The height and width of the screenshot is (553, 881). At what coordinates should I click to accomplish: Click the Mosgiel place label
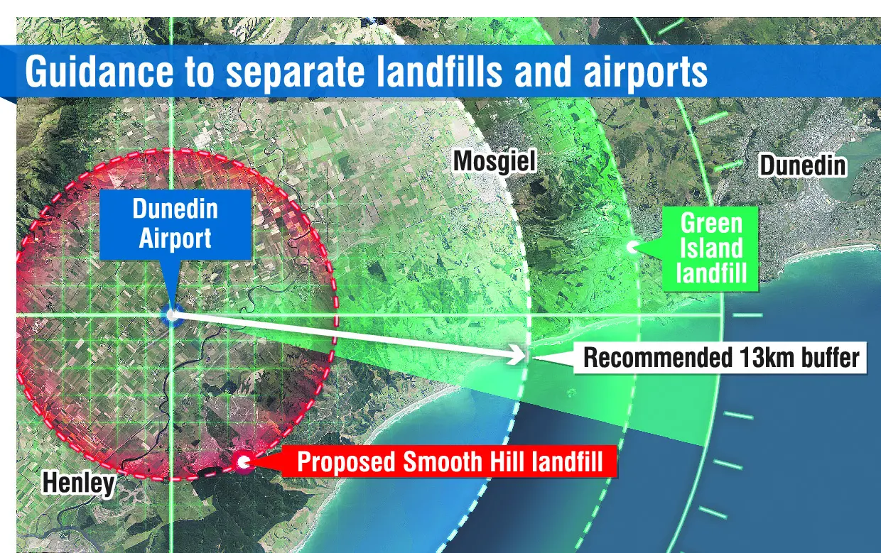click(494, 162)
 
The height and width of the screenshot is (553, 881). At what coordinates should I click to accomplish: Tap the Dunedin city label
click(803, 165)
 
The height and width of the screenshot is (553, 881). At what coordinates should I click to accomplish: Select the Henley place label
click(79, 483)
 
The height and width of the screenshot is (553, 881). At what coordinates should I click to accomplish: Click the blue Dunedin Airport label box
click(175, 224)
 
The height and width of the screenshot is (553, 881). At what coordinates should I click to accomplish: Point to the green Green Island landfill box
click(710, 248)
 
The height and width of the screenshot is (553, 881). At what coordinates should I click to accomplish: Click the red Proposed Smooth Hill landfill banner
click(450, 461)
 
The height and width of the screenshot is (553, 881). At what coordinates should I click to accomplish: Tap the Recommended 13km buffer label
click(720, 358)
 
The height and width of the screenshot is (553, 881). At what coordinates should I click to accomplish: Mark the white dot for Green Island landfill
click(632, 247)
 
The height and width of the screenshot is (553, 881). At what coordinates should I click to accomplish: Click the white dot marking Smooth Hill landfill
click(244, 462)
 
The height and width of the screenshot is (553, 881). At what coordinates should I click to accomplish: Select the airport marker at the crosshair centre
click(171, 314)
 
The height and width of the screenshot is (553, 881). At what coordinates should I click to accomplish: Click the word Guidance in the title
click(99, 72)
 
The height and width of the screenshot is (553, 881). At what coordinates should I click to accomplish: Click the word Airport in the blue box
click(175, 239)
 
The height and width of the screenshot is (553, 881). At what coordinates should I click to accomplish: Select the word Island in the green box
click(711, 248)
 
